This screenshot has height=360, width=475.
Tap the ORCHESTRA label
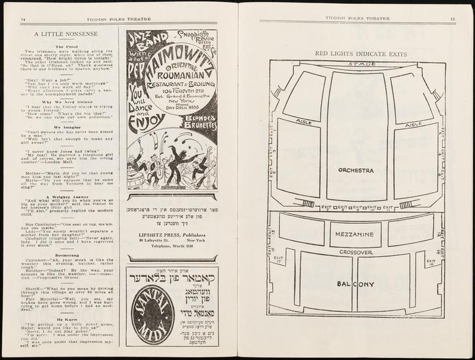(x=355, y=170)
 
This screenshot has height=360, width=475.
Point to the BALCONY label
(x=355, y=284)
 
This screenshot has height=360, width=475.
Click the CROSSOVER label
(x=355, y=251)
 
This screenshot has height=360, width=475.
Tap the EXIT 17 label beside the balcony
(x=279, y=261)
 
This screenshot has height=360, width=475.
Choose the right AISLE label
(x=413, y=124)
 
